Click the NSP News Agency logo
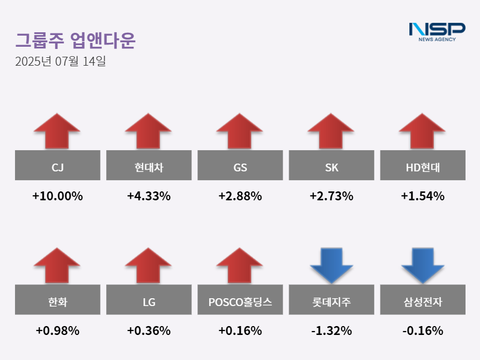pos(437,31)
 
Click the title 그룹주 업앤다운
pos(75,40)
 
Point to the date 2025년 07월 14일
pos(61,61)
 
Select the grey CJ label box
pos(57,165)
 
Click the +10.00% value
pos(57,196)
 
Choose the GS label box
pos(240,165)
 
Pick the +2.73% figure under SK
pos(331,196)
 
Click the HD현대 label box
pos(422,165)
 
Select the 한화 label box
pos(57,302)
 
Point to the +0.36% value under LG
pos(149,331)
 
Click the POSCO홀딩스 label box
pos(240,302)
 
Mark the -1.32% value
pos(331,331)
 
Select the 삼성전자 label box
pos(422,302)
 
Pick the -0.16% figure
pos(422,331)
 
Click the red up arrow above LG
pos(148,265)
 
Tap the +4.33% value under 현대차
pos(149,196)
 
